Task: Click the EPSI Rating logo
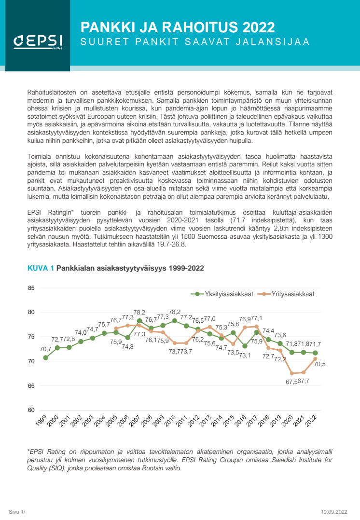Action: click(x=35, y=42)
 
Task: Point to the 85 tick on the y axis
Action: click(x=32, y=288)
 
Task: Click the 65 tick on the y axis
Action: click(x=32, y=386)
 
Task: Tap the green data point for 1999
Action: click(x=45, y=357)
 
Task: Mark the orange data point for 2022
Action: click(x=315, y=358)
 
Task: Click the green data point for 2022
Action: click(x=315, y=353)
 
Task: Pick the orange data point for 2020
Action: click(x=291, y=373)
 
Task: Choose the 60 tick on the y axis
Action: click(x=32, y=410)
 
